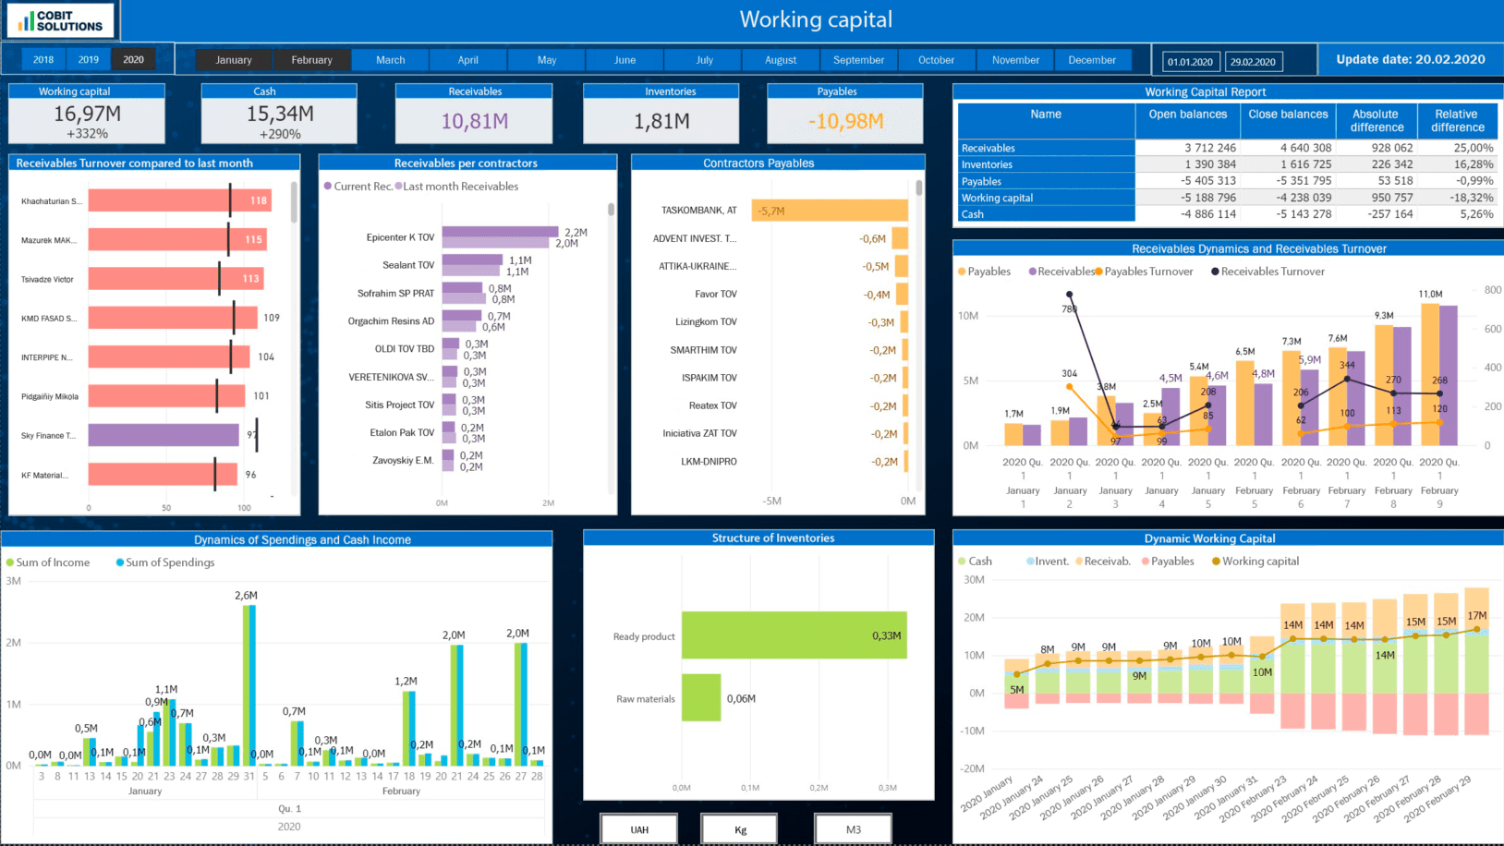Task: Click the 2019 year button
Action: click(89, 60)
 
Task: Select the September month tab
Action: click(858, 60)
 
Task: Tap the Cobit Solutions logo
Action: click(61, 20)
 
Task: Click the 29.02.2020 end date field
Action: click(1252, 62)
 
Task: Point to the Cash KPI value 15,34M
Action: click(280, 114)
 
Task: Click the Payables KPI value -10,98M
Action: click(845, 121)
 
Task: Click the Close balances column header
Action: click(1288, 115)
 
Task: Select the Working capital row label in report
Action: click(997, 198)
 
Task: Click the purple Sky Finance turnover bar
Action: click(164, 435)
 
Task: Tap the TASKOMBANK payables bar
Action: click(830, 211)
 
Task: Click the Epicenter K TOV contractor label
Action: click(400, 237)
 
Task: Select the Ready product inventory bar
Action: click(794, 635)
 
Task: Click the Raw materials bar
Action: click(701, 698)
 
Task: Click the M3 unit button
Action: click(853, 829)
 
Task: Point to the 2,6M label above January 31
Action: click(246, 596)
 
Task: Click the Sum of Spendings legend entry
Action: click(169, 562)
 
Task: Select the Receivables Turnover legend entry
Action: click(1272, 272)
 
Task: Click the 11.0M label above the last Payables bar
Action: click(1430, 295)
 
